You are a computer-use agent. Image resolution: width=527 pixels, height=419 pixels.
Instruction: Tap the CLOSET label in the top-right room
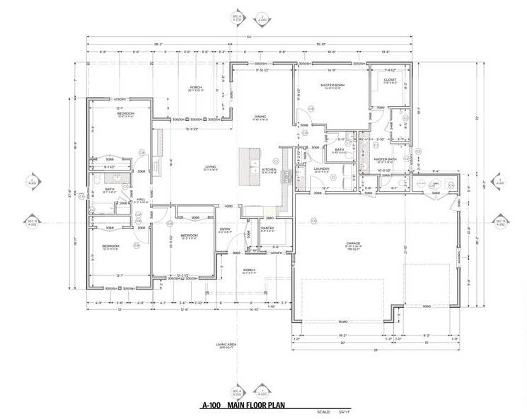pos(390,80)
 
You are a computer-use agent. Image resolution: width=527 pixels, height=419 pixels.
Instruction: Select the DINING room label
pos(260,116)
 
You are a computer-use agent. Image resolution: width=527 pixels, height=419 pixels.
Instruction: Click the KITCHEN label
pos(270,170)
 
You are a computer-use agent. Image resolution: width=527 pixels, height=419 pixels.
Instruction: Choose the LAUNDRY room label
pos(323,169)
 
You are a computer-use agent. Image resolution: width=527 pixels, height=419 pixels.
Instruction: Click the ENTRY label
pos(226,229)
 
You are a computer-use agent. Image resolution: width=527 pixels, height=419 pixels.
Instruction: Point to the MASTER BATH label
pos(386,159)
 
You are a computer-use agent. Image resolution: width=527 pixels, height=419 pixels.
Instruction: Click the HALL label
pos(141,200)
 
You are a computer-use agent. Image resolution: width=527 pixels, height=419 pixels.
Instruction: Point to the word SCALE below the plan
pos(324,411)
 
